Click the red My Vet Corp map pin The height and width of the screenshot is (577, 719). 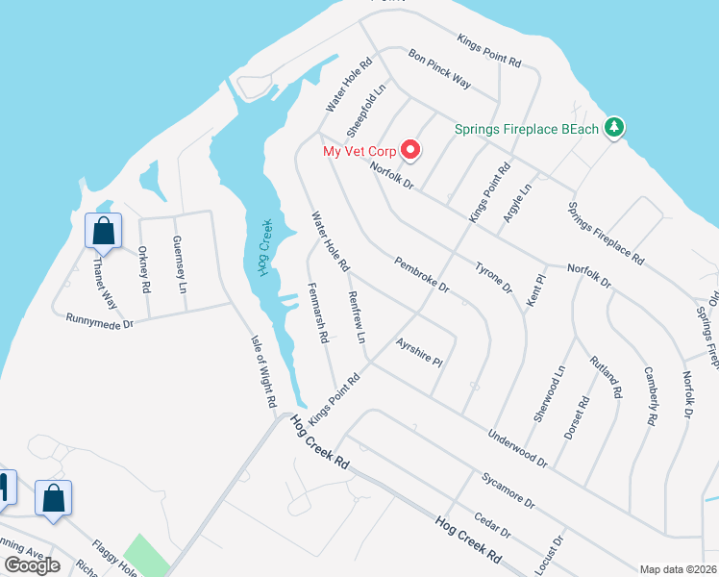click(411, 149)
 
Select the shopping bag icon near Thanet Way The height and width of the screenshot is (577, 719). click(103, 231)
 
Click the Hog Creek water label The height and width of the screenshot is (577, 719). click(266, 248)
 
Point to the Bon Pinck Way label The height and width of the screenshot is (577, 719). click(439, 68)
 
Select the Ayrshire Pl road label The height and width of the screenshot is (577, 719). click(418, 353)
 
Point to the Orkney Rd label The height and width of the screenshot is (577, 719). click(144, 270)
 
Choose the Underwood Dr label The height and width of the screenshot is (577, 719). click(517, 448)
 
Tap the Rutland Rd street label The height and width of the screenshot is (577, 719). click(608, 378)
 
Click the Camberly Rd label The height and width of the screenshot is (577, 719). click(650, 395)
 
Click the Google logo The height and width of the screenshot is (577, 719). click(33, 565)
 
